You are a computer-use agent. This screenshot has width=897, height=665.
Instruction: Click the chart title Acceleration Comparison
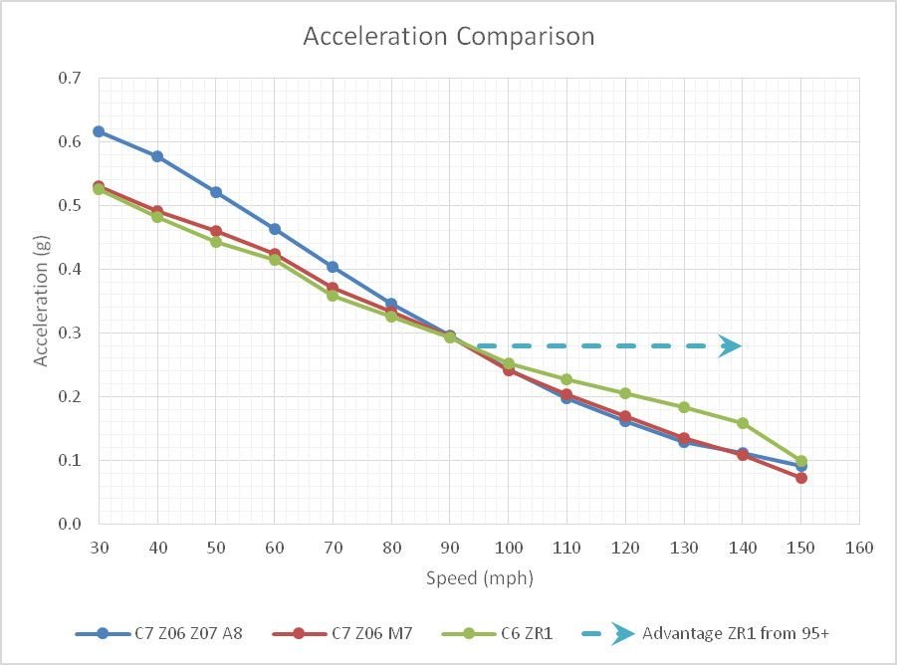pos(448,37)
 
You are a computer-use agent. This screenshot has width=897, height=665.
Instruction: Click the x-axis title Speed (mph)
pos(479,577)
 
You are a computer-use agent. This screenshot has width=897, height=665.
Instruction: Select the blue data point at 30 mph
pos(99,131)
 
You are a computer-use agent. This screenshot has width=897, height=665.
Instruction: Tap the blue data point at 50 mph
pos(216,192)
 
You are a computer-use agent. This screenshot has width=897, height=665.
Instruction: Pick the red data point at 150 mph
pos(801,478)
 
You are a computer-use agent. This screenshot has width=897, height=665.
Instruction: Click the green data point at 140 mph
pos(743,423)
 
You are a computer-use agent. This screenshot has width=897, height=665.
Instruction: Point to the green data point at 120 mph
pos(625,393)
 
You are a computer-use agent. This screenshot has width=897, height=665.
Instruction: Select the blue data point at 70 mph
pos(333,267)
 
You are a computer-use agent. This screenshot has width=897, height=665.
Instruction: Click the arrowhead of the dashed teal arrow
pos(731,345)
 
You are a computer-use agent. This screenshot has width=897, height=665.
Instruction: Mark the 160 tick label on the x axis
pos(859,548)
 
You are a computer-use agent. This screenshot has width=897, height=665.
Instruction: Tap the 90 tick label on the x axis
pos(450,548)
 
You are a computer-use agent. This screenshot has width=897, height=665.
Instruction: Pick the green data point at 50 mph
pos(216,242)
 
